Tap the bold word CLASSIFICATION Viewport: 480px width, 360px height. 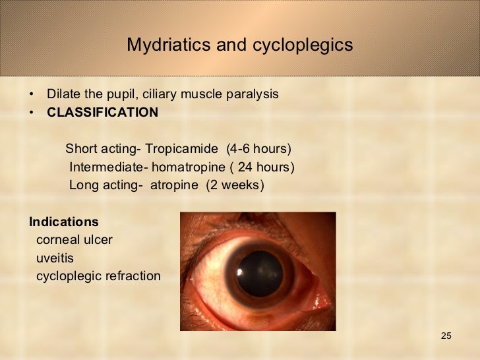point(102,112)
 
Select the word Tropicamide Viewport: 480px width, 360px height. point(181,148)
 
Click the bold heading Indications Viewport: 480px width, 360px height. point(63,222)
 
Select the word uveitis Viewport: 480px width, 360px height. point(55,258)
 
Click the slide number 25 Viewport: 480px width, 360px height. point(446,337)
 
